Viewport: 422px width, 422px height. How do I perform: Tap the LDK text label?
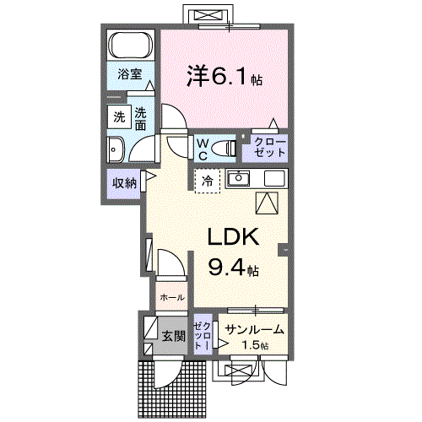click(234, 237)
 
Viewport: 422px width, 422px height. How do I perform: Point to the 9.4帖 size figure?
click(234, 269)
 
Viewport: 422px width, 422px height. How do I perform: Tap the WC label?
click(203, 149)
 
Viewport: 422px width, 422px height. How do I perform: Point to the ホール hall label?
click(171, 298)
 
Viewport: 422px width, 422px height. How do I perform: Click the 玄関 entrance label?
click(173, 336)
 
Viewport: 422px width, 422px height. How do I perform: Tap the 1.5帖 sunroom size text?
click(252, 346)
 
